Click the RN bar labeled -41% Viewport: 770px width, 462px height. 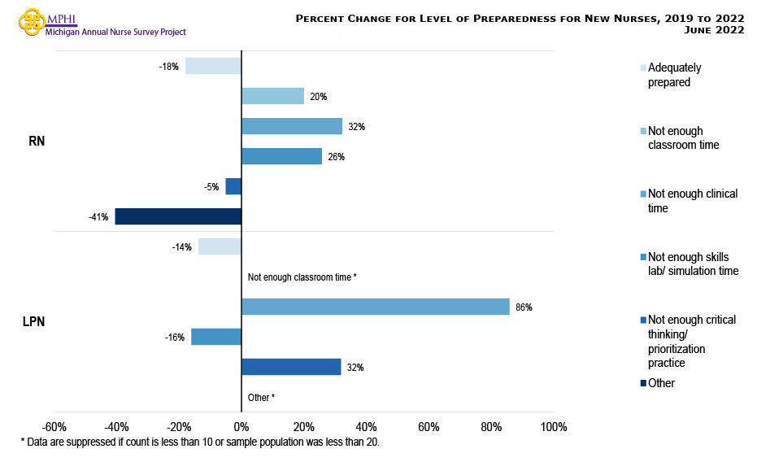click(178, 216)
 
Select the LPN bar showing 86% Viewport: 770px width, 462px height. click(375, 307)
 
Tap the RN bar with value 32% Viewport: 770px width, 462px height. click(292, 126)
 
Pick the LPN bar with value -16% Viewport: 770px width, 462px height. click(216, 337)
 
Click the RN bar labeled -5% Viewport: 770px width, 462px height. click(233, 186)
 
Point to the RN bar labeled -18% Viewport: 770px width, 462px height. click(213, 66)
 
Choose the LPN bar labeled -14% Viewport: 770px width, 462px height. click(220, 246)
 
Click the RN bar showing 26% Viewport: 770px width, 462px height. click(281, 156)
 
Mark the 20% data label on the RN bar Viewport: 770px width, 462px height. click(318, 97)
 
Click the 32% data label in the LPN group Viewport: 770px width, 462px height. click(355, 368)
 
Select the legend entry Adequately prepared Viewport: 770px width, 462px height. click(674, 75)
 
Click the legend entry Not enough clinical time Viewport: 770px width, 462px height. click(692, 201)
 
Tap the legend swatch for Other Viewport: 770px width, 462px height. click(644, 383)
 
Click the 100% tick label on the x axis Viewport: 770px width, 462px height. click(553, 427)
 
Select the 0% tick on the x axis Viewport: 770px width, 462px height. click(241, 427)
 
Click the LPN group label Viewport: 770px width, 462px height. click(33, 321)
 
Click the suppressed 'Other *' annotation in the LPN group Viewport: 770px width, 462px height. click(261, 398)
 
